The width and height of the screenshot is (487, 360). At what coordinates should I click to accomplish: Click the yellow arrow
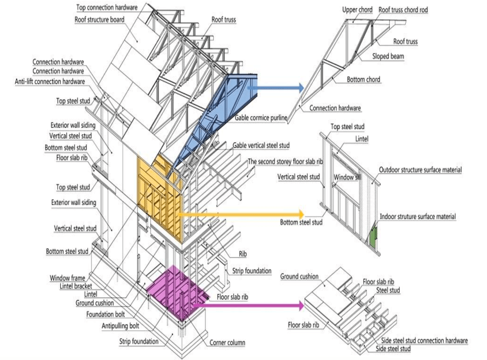(243, 214)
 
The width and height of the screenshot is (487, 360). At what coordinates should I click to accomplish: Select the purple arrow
(257, 305)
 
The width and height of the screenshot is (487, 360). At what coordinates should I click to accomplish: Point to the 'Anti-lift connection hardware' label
(50, 81)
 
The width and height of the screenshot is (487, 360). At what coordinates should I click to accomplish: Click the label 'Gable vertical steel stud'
(261, 145)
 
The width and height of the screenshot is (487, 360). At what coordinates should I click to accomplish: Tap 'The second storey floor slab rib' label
(285, 162)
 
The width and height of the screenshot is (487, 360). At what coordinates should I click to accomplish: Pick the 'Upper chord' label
(357, 10)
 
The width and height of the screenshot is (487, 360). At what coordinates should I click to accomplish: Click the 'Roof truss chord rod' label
(403, 10)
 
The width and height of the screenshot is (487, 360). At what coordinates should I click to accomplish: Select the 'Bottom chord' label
(363, 80)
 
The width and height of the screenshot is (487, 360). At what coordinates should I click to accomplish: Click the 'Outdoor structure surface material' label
(420, 170)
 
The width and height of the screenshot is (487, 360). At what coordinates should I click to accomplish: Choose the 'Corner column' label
(228, 342)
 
